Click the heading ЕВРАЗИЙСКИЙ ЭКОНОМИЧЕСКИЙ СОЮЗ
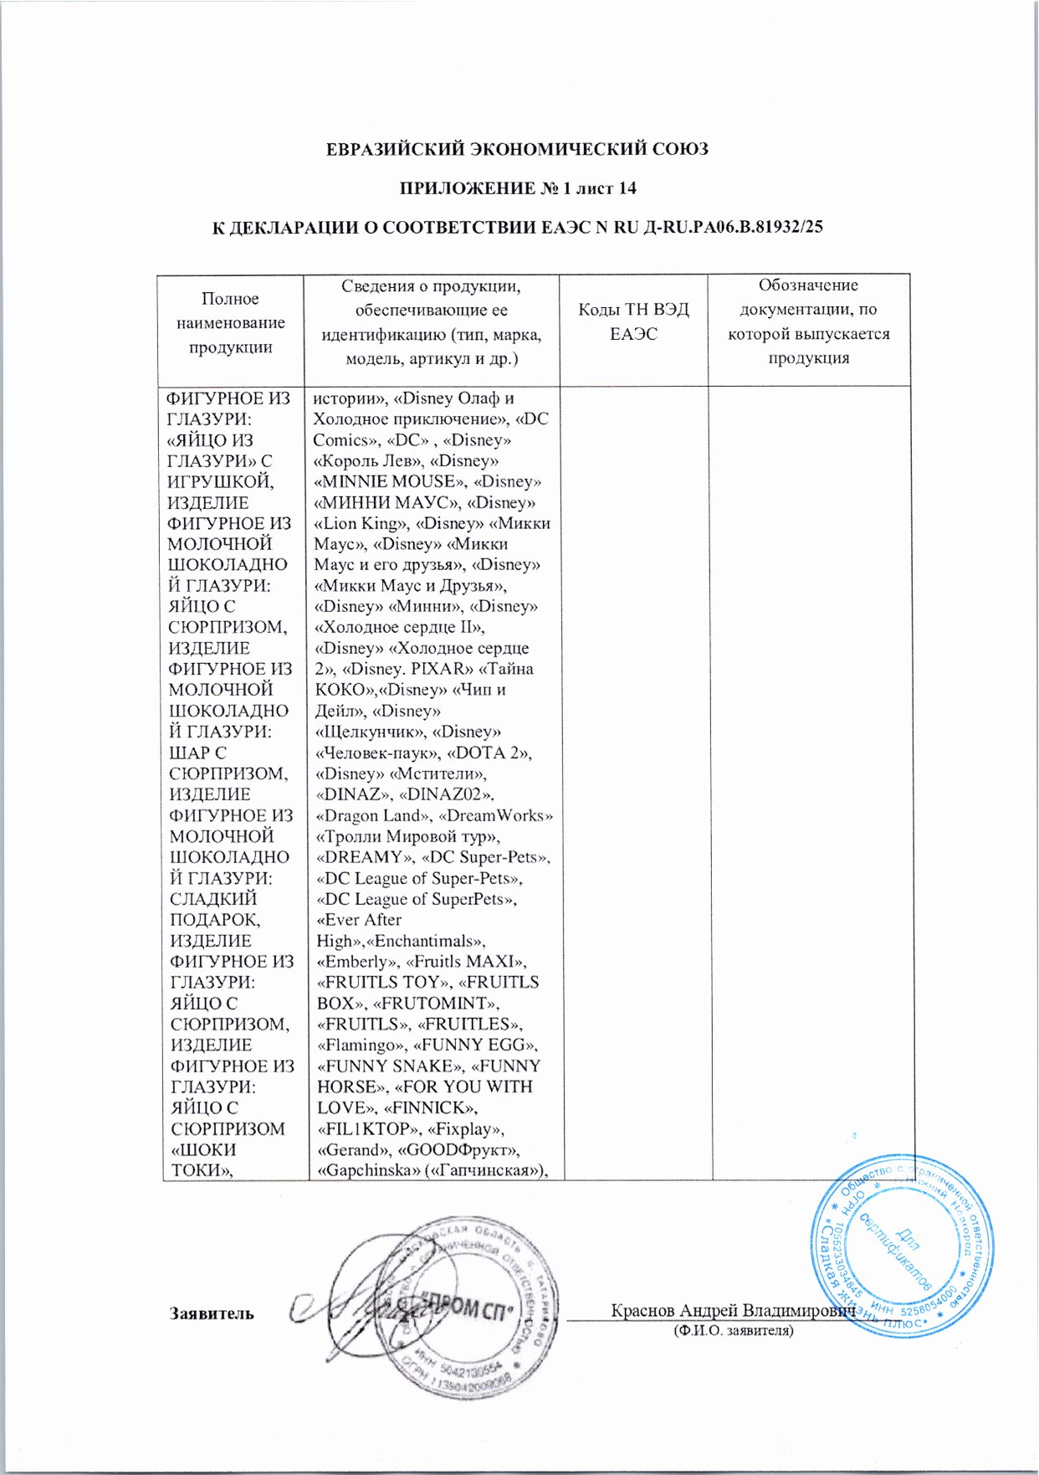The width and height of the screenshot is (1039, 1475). [516, 150]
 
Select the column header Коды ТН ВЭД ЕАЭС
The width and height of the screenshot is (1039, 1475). [633, 321]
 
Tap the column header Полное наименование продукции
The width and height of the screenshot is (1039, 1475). [230, 322]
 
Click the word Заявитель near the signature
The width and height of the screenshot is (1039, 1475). [212, 1313]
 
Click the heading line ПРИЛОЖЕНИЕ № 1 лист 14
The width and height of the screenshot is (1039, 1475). [516, 188]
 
